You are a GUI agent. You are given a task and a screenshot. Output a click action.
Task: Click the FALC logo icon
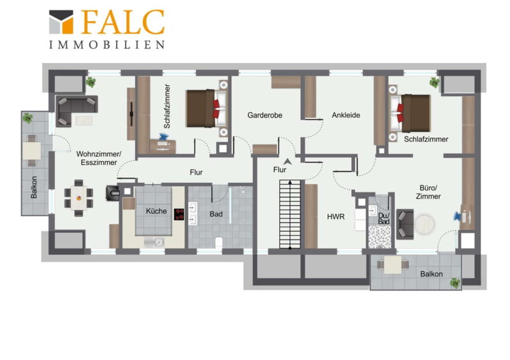click(x=61, y=22)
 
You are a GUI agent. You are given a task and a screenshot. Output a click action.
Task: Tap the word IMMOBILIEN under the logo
click(x=107, y=45)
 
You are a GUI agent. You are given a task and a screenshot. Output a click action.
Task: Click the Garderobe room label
click(x=265, y=115)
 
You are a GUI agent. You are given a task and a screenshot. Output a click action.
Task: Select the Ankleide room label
click(x=346, y=115)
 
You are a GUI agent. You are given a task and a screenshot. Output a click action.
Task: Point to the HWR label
click(x=336, y=217)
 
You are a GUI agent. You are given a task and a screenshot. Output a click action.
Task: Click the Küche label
click(x=156, y=211)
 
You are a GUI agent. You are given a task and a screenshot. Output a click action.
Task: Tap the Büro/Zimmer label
click(x=428, y=192)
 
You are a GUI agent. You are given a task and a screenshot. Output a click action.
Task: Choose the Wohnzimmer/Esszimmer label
click(x=99, y=158)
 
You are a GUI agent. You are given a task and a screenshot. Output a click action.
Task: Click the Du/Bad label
click(x=384, y=218)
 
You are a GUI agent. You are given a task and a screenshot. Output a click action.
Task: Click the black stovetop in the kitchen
click(x=178, y=215)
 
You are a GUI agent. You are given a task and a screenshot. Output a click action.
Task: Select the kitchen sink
click(x=154, y=242)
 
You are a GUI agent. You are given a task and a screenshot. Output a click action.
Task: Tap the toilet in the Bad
click(x=219, y=243)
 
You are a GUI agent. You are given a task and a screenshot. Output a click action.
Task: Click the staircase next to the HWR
click(x=290, y=214)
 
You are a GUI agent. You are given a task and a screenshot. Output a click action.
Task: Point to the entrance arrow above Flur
click(x=288, y=161)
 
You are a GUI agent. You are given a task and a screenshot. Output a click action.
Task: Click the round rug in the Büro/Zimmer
click(x=425, y=224)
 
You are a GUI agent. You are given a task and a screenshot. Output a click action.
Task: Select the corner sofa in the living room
click(x=76, y=111)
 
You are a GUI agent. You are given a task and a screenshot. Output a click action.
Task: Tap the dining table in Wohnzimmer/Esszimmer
click(x=78, y=198)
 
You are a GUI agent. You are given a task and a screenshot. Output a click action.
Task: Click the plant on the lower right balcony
click(x=455, y=283)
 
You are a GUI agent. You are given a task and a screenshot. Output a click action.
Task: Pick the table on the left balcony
click(x=31, y=150)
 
